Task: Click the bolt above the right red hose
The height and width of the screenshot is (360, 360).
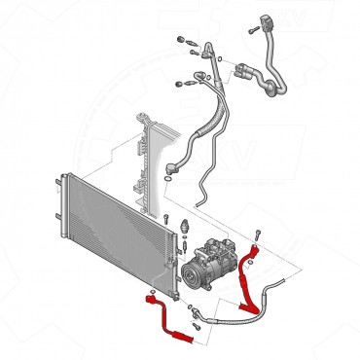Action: (257, 234)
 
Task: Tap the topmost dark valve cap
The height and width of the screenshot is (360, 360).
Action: (181, 40)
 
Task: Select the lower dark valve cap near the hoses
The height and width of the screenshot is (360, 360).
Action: (177, 84)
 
